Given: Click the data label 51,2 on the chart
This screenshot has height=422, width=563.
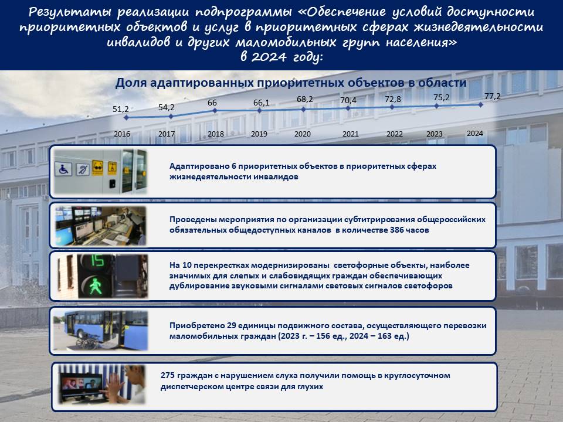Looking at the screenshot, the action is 120,109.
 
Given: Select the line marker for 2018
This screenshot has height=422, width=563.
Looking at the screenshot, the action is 215,111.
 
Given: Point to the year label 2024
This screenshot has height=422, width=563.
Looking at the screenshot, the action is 474,134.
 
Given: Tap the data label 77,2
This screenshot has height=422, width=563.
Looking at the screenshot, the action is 492,96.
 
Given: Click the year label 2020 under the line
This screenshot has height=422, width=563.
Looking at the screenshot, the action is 303,134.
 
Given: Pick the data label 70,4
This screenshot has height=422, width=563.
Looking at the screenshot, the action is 348,100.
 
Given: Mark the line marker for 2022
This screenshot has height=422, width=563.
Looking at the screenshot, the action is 392,107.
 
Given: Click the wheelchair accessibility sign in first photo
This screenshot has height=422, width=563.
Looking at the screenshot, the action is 63,169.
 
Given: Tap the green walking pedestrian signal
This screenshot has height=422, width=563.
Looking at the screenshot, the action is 96,286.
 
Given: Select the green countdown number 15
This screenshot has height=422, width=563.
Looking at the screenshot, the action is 97,261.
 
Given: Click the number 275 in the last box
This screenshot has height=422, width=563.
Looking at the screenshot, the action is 168,375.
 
